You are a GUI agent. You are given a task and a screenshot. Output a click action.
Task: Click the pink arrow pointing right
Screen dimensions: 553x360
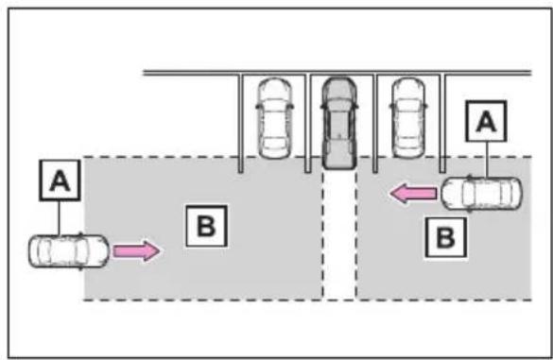point(136,251)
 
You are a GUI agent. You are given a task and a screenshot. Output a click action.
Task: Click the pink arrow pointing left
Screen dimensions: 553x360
point(413,194)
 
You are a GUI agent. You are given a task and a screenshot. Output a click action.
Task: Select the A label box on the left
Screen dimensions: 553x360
point(60,180)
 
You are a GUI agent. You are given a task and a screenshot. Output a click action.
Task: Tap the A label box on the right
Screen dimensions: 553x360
point(486,121)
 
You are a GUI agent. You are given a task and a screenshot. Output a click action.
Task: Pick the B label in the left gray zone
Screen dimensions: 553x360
point(206,226)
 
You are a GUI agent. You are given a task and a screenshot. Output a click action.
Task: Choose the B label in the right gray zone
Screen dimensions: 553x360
point(446,237)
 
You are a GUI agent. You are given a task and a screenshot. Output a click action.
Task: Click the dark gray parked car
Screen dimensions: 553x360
point(339,122)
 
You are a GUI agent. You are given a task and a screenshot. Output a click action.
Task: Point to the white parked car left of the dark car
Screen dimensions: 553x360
point(275,118)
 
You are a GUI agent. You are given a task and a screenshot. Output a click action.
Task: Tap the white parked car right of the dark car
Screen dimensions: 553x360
point(408,118)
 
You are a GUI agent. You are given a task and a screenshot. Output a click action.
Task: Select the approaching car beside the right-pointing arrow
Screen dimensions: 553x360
point(69,251)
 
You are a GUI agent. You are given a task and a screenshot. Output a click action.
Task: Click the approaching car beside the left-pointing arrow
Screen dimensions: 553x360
point(481,194)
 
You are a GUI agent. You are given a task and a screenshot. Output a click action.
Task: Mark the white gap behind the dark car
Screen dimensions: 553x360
point(339,234)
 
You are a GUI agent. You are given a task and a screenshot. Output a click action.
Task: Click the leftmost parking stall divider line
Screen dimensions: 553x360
point(240,124)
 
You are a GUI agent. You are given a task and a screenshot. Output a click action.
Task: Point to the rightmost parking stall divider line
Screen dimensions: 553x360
point(442,124)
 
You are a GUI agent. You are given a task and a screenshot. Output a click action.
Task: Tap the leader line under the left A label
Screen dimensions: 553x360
point(60,218)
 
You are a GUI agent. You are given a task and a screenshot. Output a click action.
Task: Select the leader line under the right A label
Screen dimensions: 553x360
point(487,160)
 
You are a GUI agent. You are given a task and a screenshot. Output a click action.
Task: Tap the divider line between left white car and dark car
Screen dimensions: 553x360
point(308,124)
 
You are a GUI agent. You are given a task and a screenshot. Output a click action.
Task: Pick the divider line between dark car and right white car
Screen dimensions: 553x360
point(375,124)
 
